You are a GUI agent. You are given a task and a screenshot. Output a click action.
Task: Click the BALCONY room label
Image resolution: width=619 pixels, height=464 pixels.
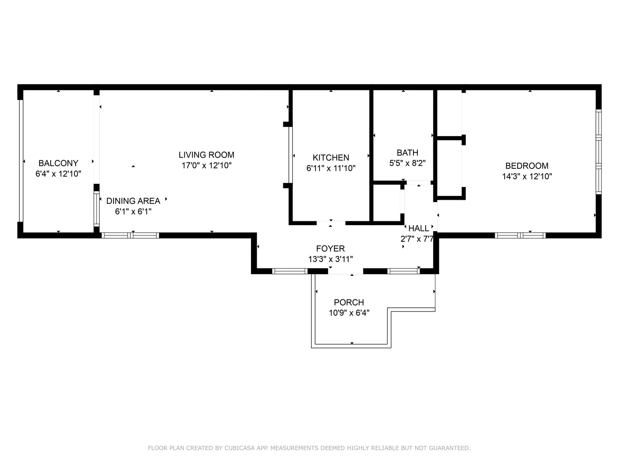click(58, 163)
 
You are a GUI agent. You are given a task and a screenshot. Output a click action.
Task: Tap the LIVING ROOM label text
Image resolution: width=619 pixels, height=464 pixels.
click(206, 155)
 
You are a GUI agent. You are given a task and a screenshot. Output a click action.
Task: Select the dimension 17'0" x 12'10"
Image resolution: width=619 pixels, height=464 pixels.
click(206, 165)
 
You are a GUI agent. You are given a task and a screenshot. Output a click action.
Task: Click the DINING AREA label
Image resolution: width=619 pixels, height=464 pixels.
click(133, 201)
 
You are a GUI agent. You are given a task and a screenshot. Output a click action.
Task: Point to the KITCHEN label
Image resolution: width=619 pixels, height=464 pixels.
click(331, 158)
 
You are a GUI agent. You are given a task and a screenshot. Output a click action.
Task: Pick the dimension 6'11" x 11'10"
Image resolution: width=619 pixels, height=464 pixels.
click(331, 168)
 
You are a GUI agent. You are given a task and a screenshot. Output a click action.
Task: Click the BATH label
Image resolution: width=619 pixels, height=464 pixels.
click(407, 153)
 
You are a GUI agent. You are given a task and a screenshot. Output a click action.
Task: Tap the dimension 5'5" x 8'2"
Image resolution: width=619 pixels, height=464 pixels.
click(407, 163)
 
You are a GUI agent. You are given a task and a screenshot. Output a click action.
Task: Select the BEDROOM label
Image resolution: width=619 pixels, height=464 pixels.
click(527, 166)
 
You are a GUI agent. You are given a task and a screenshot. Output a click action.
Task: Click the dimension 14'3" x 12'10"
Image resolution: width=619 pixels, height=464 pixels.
click(527, 176)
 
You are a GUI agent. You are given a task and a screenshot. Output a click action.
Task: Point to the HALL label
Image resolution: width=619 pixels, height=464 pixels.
click(419, 228)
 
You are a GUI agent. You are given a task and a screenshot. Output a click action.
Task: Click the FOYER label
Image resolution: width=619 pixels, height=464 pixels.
click(330, 248)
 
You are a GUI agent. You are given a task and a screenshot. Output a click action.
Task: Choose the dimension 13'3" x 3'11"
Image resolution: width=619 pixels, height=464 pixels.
click(330, 259)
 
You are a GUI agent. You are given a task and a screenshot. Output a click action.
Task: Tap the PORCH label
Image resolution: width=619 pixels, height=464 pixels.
click(349, 302)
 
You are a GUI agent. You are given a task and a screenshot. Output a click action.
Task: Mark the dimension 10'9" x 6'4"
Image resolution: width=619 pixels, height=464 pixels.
click(349, 313)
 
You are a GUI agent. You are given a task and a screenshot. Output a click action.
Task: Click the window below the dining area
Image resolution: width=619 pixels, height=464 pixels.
click(130, 235)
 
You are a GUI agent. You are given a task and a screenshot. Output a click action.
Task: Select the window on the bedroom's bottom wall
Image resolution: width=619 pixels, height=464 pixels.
click(520, 235)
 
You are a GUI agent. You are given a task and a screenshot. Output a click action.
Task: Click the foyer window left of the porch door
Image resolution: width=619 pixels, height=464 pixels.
click(290, 271)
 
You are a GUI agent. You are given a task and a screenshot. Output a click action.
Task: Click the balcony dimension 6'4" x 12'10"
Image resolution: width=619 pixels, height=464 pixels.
click(58, 174)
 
